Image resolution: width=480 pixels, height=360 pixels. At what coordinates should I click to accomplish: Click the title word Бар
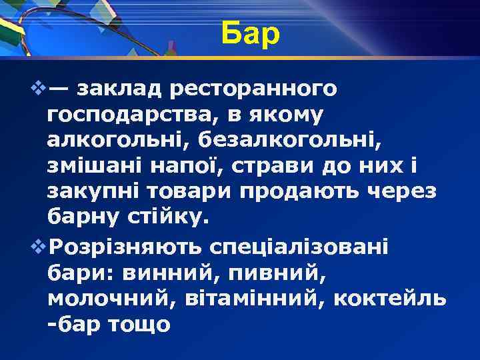point(251,35)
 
